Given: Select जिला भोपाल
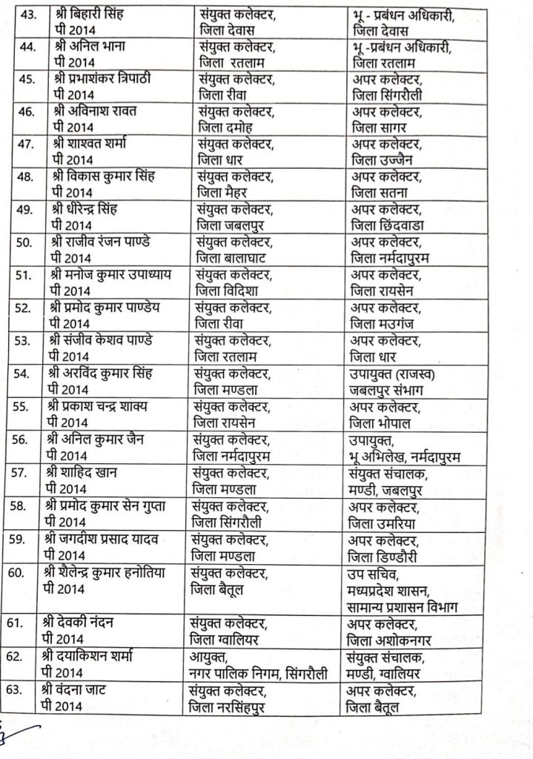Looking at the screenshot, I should [x=379, y=422].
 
